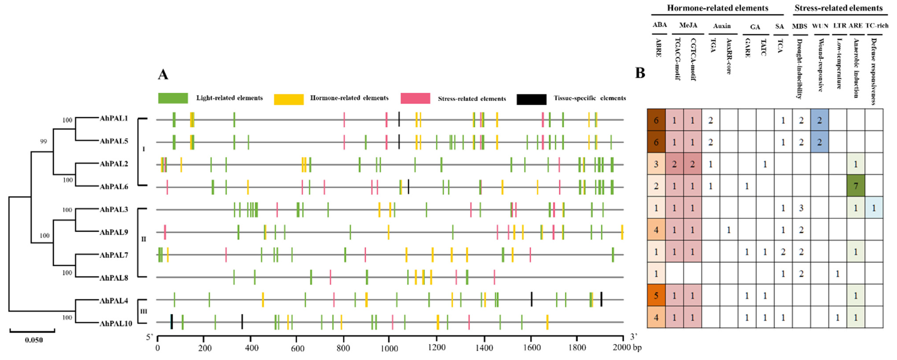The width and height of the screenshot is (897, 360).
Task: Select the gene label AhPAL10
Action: click(116, 323)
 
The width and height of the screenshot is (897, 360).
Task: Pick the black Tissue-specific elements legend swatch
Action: click(531, 99)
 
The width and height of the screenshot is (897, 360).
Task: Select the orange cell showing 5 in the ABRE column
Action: click(656, 295)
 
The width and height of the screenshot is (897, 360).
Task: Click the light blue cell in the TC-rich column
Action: click(874, 208)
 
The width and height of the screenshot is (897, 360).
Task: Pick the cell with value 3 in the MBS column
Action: click(801, 208)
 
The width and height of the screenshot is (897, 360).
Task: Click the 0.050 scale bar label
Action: click(34, 340)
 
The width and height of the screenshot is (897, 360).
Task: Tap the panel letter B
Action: click(640, 73)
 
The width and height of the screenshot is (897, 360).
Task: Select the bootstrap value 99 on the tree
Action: click(43, 141)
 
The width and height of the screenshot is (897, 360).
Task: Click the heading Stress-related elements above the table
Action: click(838, 8)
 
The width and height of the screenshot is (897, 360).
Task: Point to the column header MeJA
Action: click(688, 25)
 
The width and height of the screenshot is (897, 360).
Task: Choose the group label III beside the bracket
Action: click(143, 311)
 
